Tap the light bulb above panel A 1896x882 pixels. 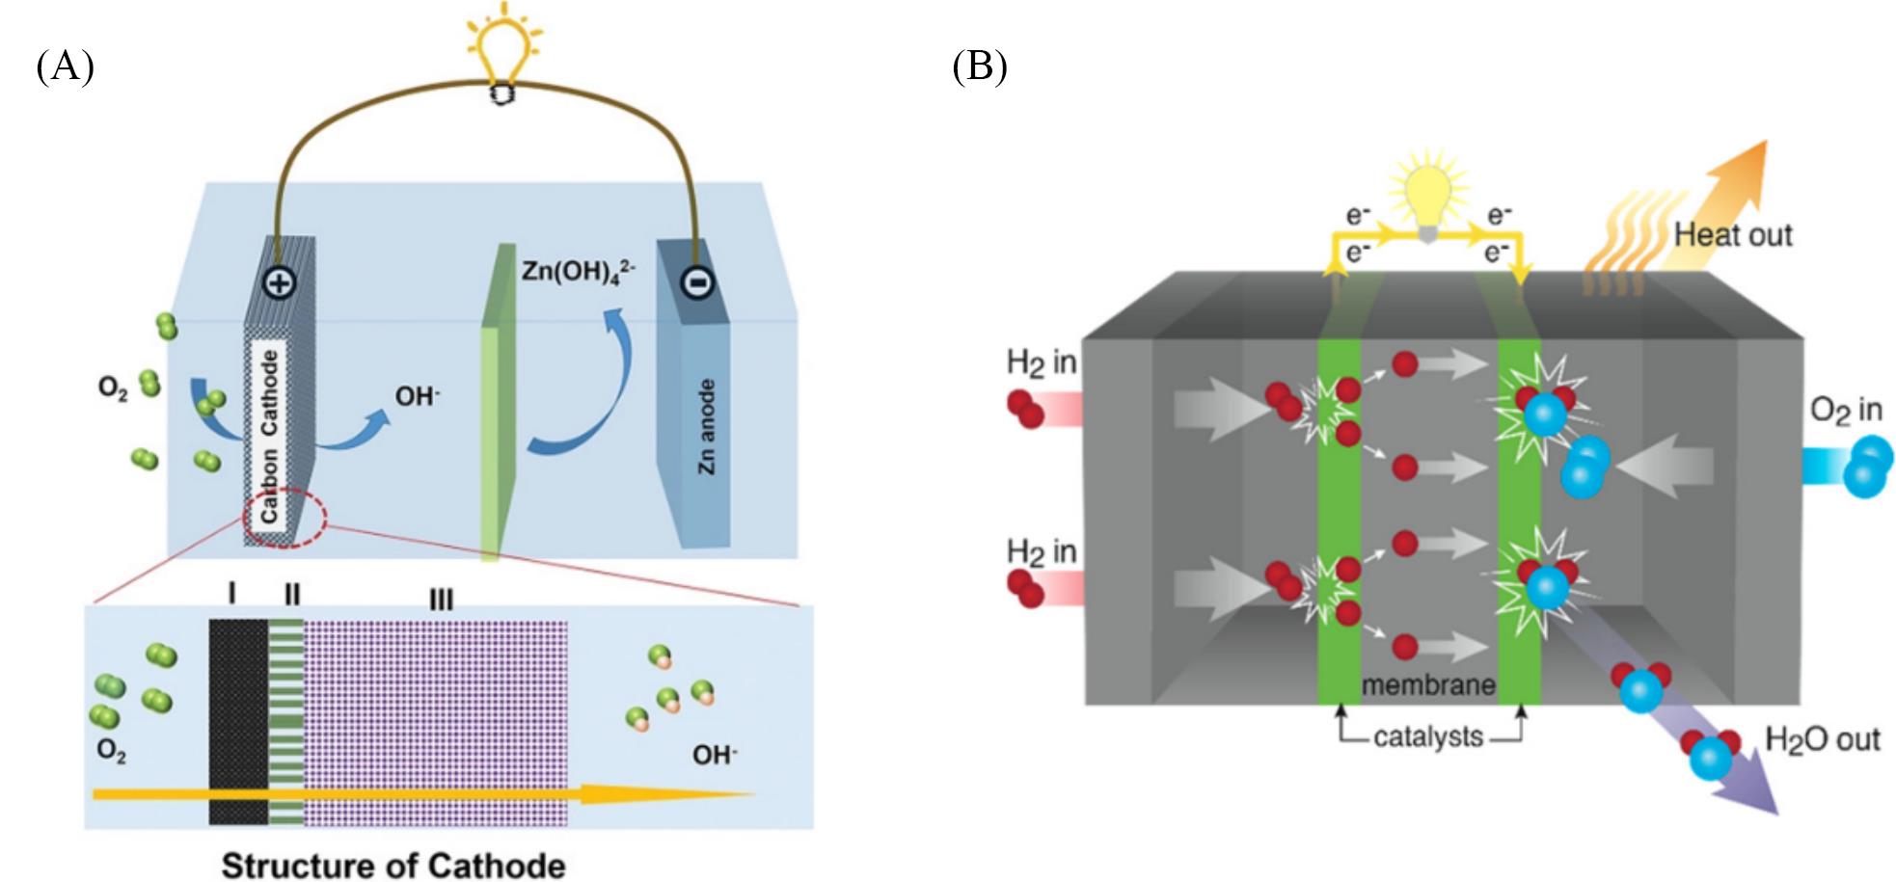coord(501,48)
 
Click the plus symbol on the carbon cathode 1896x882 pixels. coord(279,282)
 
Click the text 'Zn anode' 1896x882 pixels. coord(707,426)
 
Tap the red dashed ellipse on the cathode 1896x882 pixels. coord(285,521)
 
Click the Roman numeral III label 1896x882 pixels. coord(440,601)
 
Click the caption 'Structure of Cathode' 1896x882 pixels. coord(393,864)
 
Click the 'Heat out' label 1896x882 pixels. coord(1732,235)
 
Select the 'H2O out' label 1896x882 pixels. coord(1822,739)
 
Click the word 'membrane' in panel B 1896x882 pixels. coord(1428,684)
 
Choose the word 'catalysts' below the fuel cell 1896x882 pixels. coord(1428,737)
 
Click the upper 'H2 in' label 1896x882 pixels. coord(1041,363)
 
